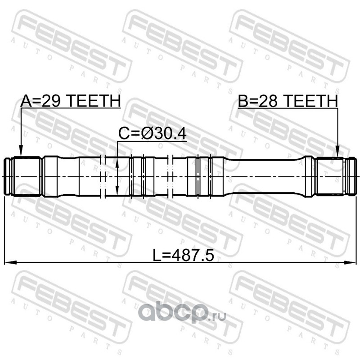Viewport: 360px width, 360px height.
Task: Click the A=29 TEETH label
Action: click(x=71, y=101)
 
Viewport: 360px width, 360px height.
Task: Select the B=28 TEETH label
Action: click(x=288, y=101)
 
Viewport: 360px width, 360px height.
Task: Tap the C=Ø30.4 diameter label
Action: click(x=152, y=134)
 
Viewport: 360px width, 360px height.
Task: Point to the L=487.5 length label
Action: click(x=184, y=256)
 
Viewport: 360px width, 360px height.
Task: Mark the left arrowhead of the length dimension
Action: click(x=10, y=263)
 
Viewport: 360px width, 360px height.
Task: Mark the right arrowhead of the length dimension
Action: click(x=350, y=263)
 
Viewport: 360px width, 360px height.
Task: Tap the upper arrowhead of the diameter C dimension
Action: click(x=117, y=163)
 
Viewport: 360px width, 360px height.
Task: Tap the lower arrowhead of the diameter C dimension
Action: click(x=117, y=190)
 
